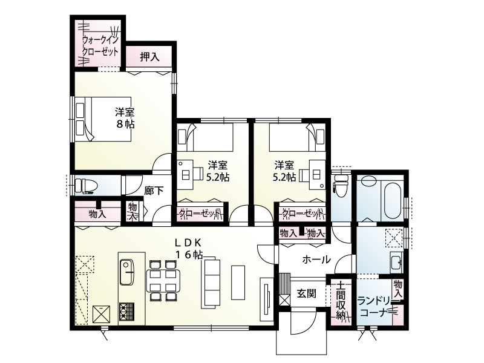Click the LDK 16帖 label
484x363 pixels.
click(x=189, y=248)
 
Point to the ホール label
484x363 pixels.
click(x=316, y=260)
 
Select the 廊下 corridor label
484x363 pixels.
click(x=154, y=190)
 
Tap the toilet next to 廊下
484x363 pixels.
click(x=84, y=185)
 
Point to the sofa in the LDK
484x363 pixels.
click(x=211, y=281)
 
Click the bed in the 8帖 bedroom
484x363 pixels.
click(x=103, y=118)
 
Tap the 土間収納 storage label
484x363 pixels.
click(x=341, y=300)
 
